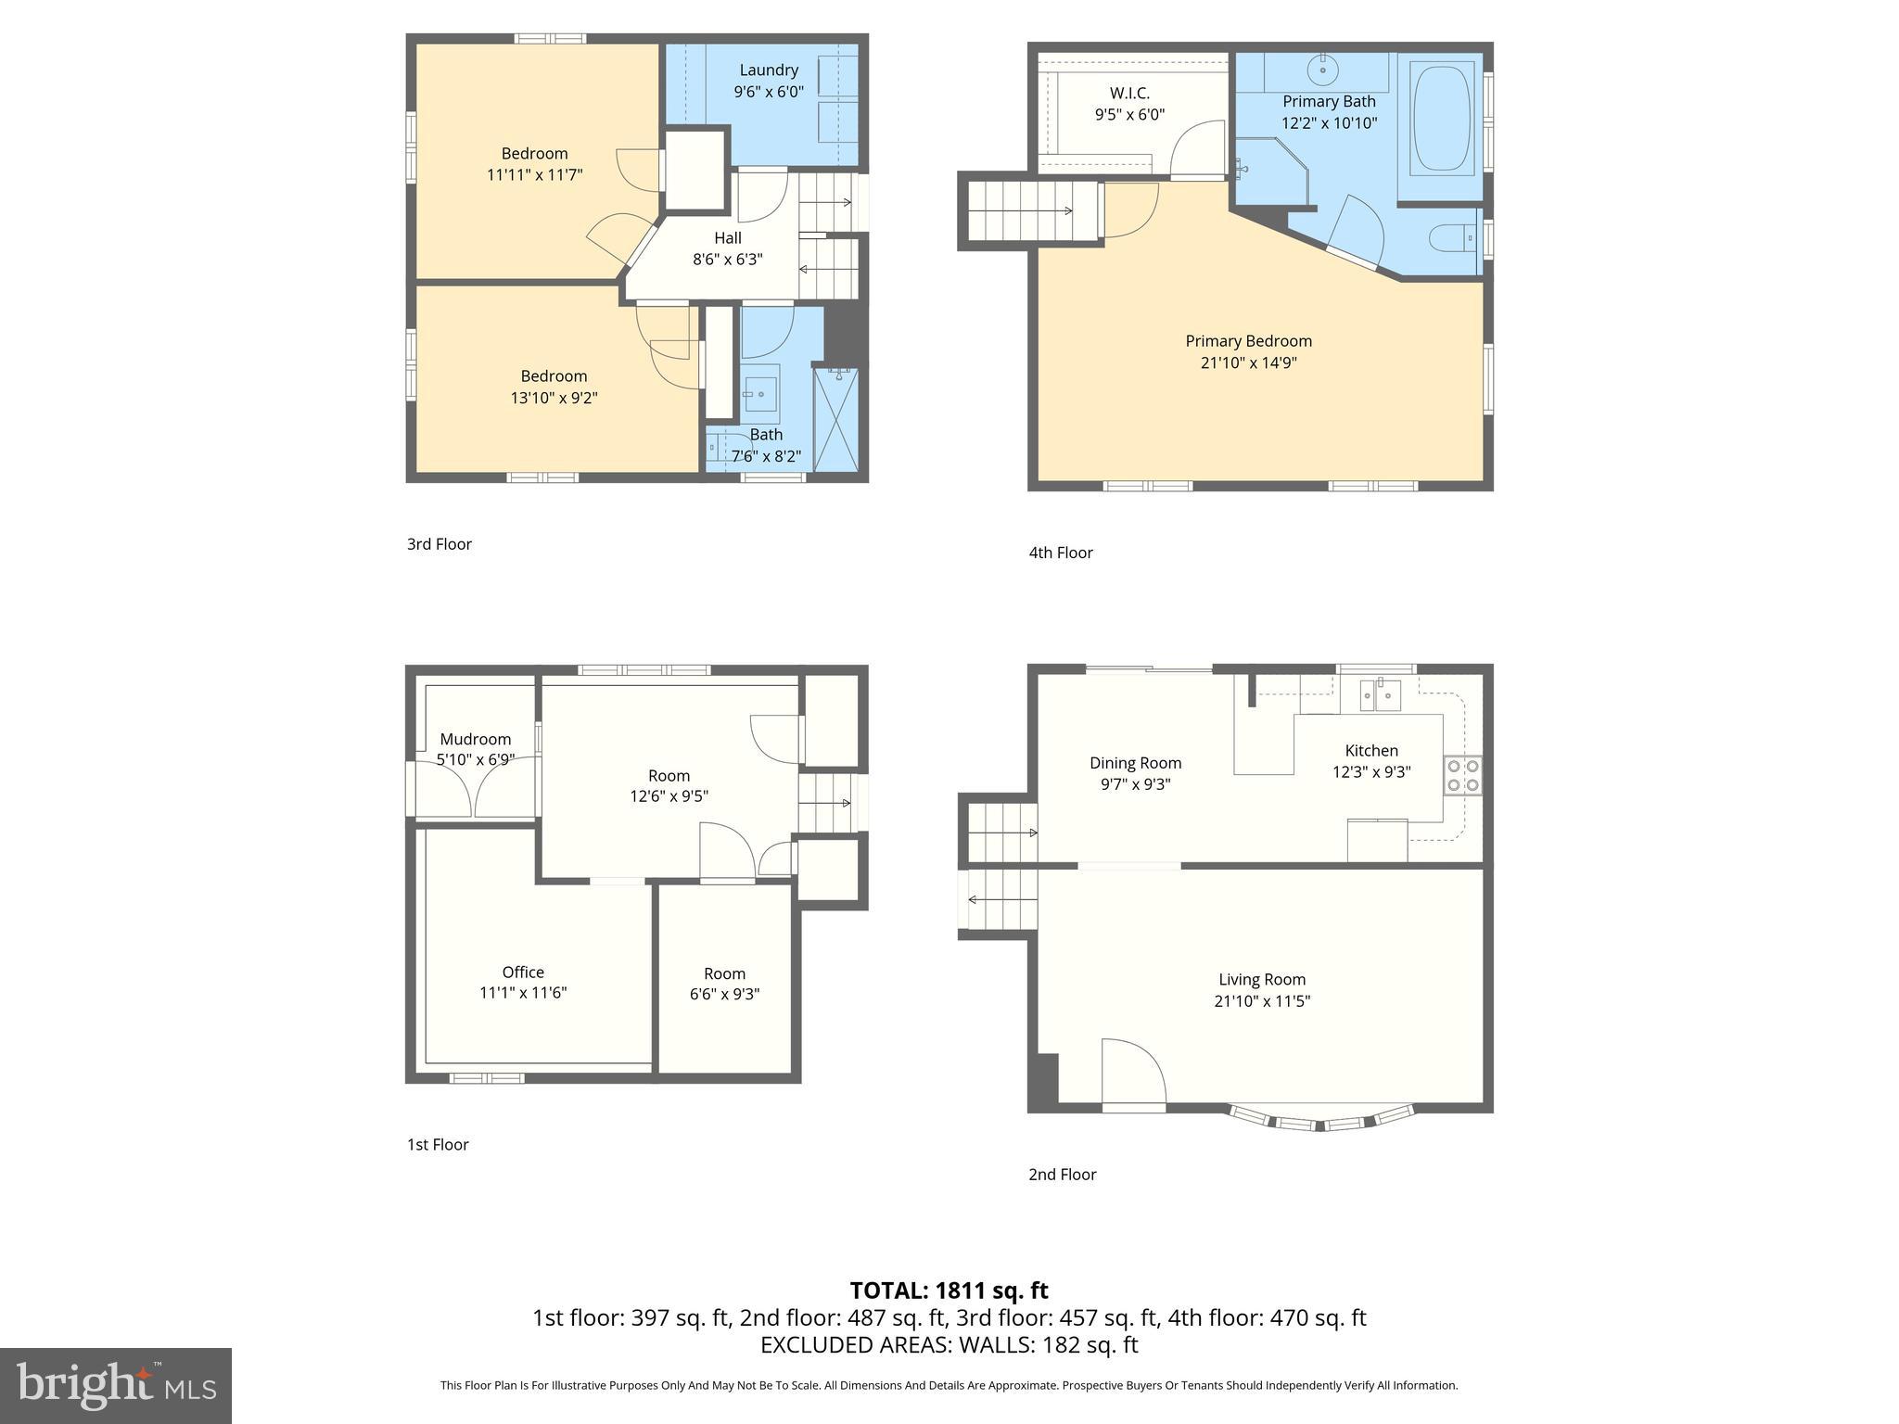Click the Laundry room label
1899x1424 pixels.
[x=768, y=70]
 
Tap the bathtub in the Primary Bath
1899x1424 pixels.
[x=1441, y=118]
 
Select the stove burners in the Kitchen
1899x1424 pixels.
[x=1462, y=776]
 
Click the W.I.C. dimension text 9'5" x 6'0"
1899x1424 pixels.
[x=1129, y=115]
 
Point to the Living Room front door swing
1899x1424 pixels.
[x=1133, y=1074]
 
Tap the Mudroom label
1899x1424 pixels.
[x=475, y=739]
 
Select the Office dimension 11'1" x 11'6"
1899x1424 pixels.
[x=523, y=993]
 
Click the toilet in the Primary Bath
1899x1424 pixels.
[x=1451, y=239]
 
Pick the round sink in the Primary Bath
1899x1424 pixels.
[x=1321, y=68]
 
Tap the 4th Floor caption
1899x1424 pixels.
[x=1060, y=553]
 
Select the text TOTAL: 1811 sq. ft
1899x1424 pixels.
[x=949, y=1290]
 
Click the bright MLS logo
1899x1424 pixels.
[x=116, y=1385]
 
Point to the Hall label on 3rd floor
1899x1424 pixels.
[x=727, y=238]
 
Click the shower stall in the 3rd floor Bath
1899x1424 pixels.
[x=835, y=419]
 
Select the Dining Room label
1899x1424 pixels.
[x=1135, y=763]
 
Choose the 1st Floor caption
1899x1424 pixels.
[x=438, y=1145]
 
